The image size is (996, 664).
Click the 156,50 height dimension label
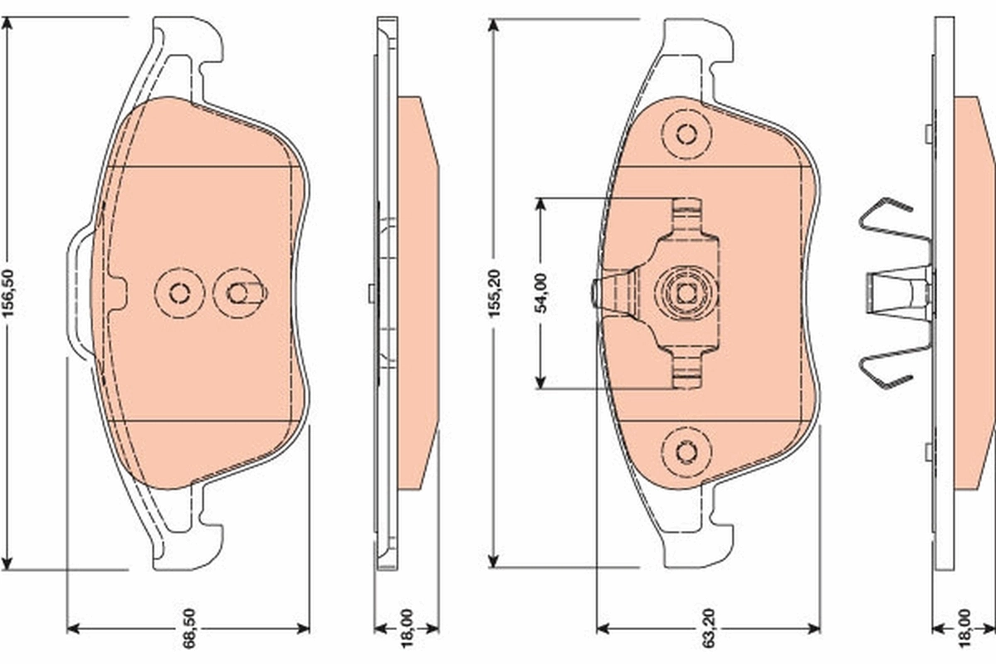tap(9, 293)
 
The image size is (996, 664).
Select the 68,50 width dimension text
tap(189, 628)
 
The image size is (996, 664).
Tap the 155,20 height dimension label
tap(495, 293)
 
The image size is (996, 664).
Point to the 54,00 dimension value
tap(541, 293)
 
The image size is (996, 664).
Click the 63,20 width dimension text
tap(709, 628)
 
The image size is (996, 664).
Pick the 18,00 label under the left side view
tap(408, 628)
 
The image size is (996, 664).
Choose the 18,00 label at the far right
tap(964, 628)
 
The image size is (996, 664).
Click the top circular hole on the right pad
tap(686, 134)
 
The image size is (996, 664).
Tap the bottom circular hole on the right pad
tap(686, 452)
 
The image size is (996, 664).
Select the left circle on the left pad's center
tap(179, 293)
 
